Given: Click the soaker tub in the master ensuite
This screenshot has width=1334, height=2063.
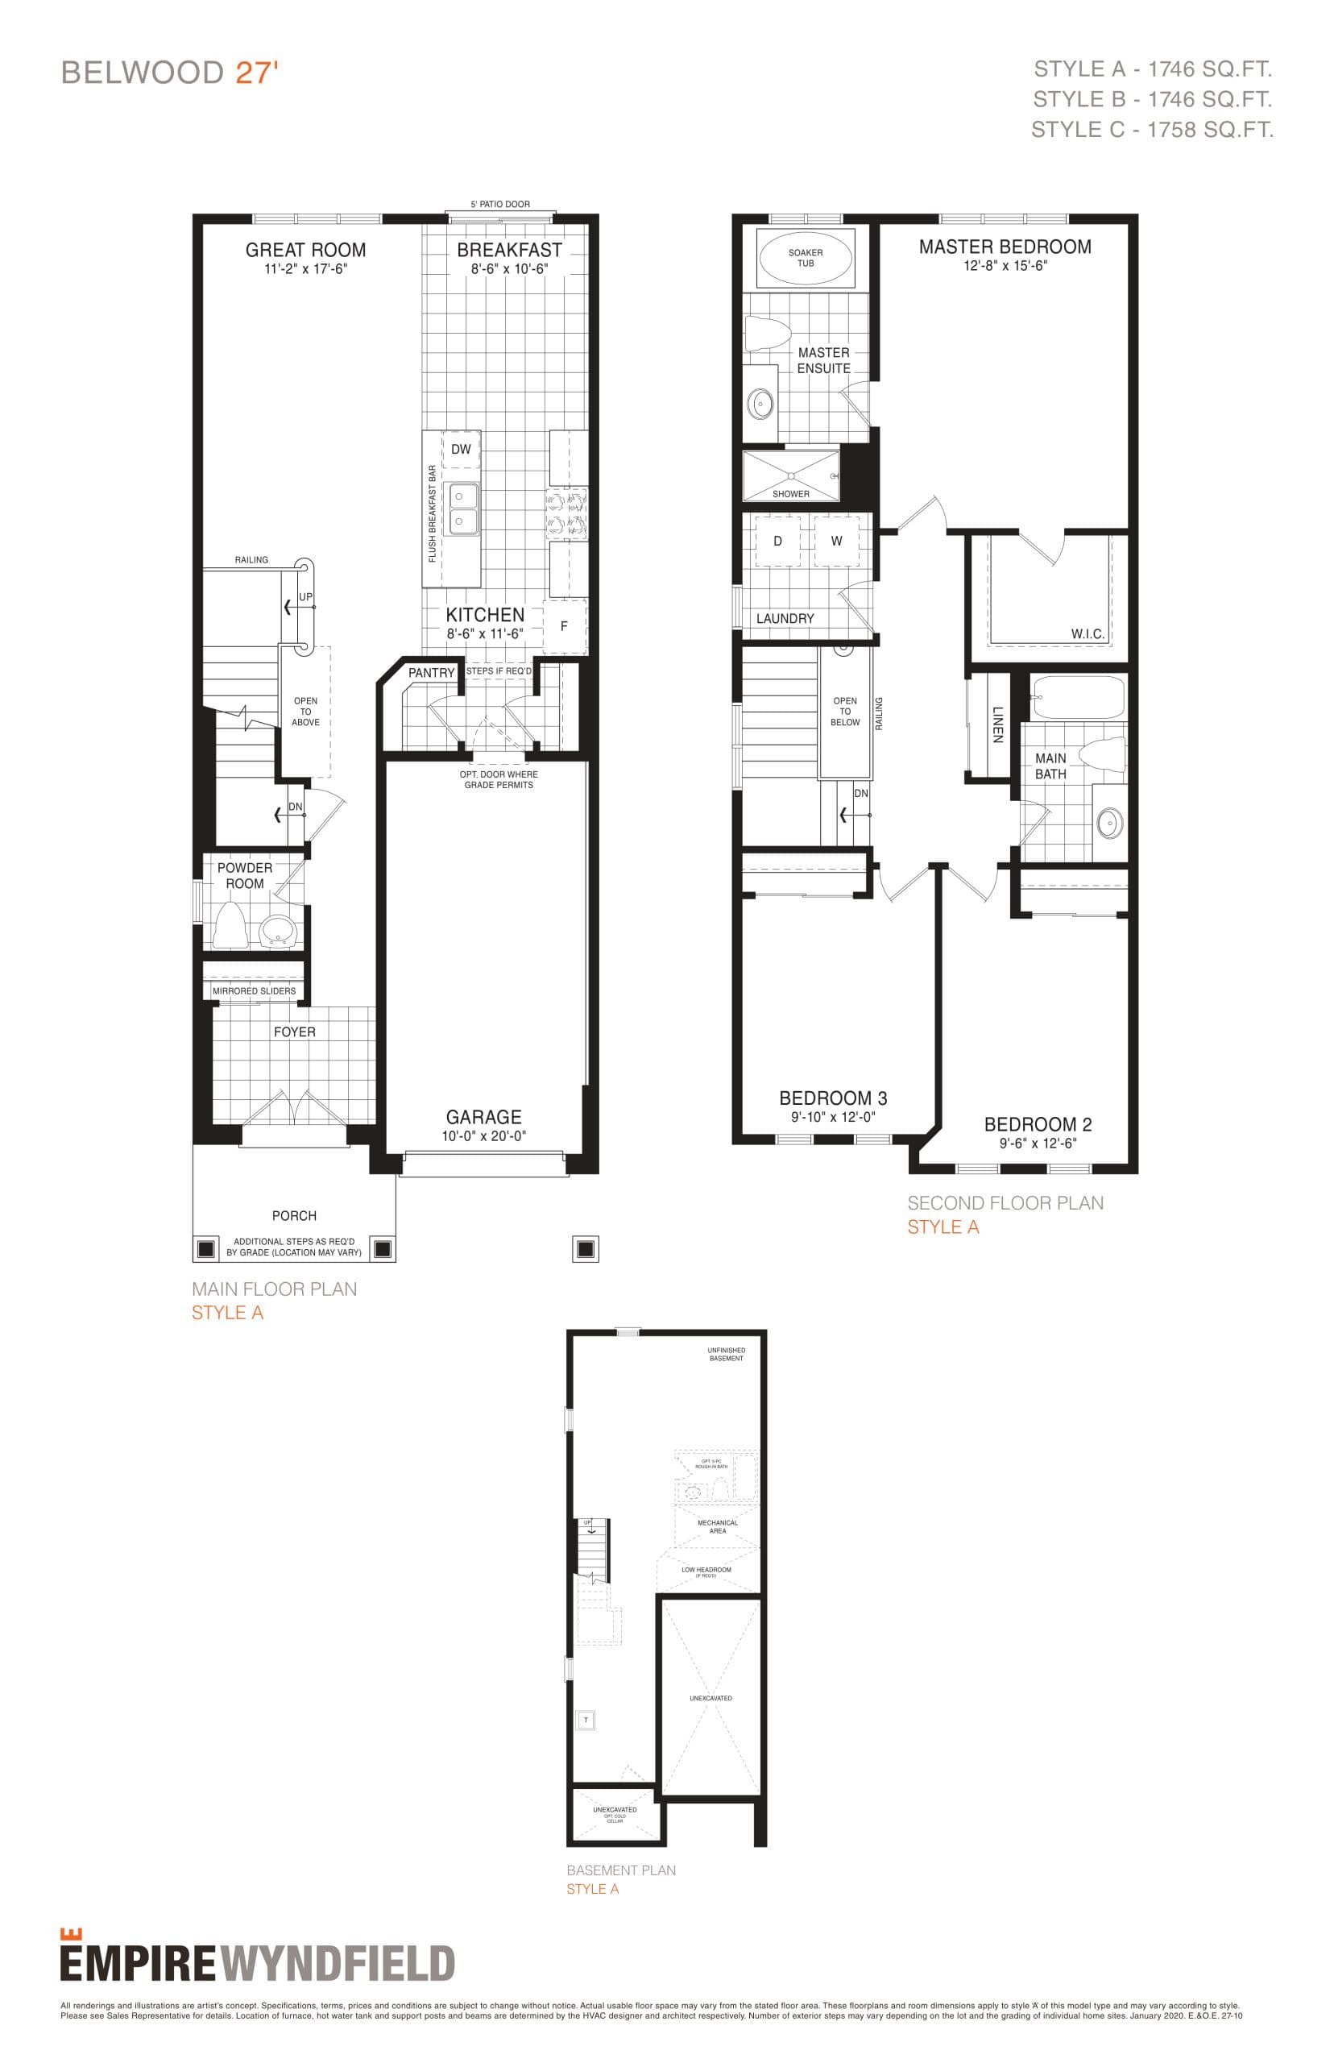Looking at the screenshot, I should point(805,257).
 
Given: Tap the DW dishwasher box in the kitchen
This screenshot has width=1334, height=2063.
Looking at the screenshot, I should point(461,449).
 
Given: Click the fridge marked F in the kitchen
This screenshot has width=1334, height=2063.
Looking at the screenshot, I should point(564,625).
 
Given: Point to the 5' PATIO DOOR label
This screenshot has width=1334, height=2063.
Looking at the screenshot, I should point(499,205).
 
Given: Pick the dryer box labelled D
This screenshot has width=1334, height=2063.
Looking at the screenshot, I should point(777,541).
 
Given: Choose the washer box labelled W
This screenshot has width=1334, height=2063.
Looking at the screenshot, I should point(836,541).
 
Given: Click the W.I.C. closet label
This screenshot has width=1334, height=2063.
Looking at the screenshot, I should point(1087,633).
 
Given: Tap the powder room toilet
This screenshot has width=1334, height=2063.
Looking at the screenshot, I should point(229,924).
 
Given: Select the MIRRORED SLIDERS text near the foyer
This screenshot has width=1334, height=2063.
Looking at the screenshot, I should point(254,990).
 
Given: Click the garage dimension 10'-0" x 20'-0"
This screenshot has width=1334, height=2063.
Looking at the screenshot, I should point(483,1136).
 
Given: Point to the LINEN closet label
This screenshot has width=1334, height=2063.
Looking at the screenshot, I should point(997,724).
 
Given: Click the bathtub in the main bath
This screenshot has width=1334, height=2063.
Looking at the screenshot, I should point(1078,696).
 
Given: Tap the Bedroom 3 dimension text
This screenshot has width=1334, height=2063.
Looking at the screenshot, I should point(832,1117).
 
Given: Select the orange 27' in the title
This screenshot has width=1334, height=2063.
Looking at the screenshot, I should point(256,73).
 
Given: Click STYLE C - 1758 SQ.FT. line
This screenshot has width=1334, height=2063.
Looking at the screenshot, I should point(1151,130).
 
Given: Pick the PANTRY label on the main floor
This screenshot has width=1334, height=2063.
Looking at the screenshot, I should point(432,672).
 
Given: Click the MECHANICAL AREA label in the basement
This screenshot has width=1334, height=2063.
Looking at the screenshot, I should point(717,1526).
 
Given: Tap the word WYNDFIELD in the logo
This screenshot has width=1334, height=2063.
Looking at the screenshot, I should point(338,1963).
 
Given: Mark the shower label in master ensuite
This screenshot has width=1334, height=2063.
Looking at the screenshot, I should point(790,494).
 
